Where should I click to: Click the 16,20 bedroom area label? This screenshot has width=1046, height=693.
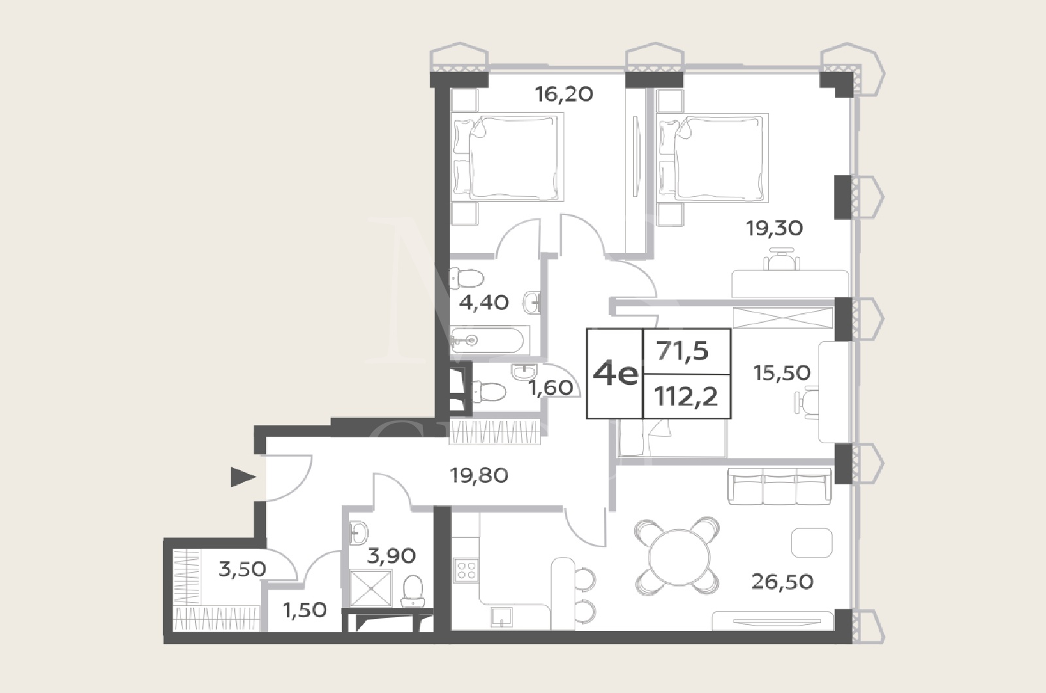(564, 94)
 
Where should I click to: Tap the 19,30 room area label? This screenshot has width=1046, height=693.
(774, 228)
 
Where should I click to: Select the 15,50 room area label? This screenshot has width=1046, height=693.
(782, 373)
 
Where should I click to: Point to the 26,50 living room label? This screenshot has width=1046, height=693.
(783, 582)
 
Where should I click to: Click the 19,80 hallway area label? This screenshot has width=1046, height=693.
(479, 476)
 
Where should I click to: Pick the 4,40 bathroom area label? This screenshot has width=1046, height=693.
(484, 303)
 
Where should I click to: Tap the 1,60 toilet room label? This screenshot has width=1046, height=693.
(551, 388)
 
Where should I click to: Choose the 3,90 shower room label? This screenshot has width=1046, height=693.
(392, 556)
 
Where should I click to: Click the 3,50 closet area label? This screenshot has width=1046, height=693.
(243, 569)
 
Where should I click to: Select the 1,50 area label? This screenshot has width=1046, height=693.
(305, 611)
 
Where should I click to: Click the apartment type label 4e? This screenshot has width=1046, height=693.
(615, 373)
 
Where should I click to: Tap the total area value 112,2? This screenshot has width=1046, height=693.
(686, 397)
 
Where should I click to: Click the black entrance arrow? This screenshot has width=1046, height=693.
(243, 477)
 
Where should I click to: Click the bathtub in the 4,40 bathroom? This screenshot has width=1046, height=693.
(487, 340)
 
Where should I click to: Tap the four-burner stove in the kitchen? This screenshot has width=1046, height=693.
(466, 570)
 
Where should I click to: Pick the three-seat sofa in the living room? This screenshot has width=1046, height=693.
(780, 486)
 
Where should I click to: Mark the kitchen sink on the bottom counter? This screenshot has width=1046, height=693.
(501, 617)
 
